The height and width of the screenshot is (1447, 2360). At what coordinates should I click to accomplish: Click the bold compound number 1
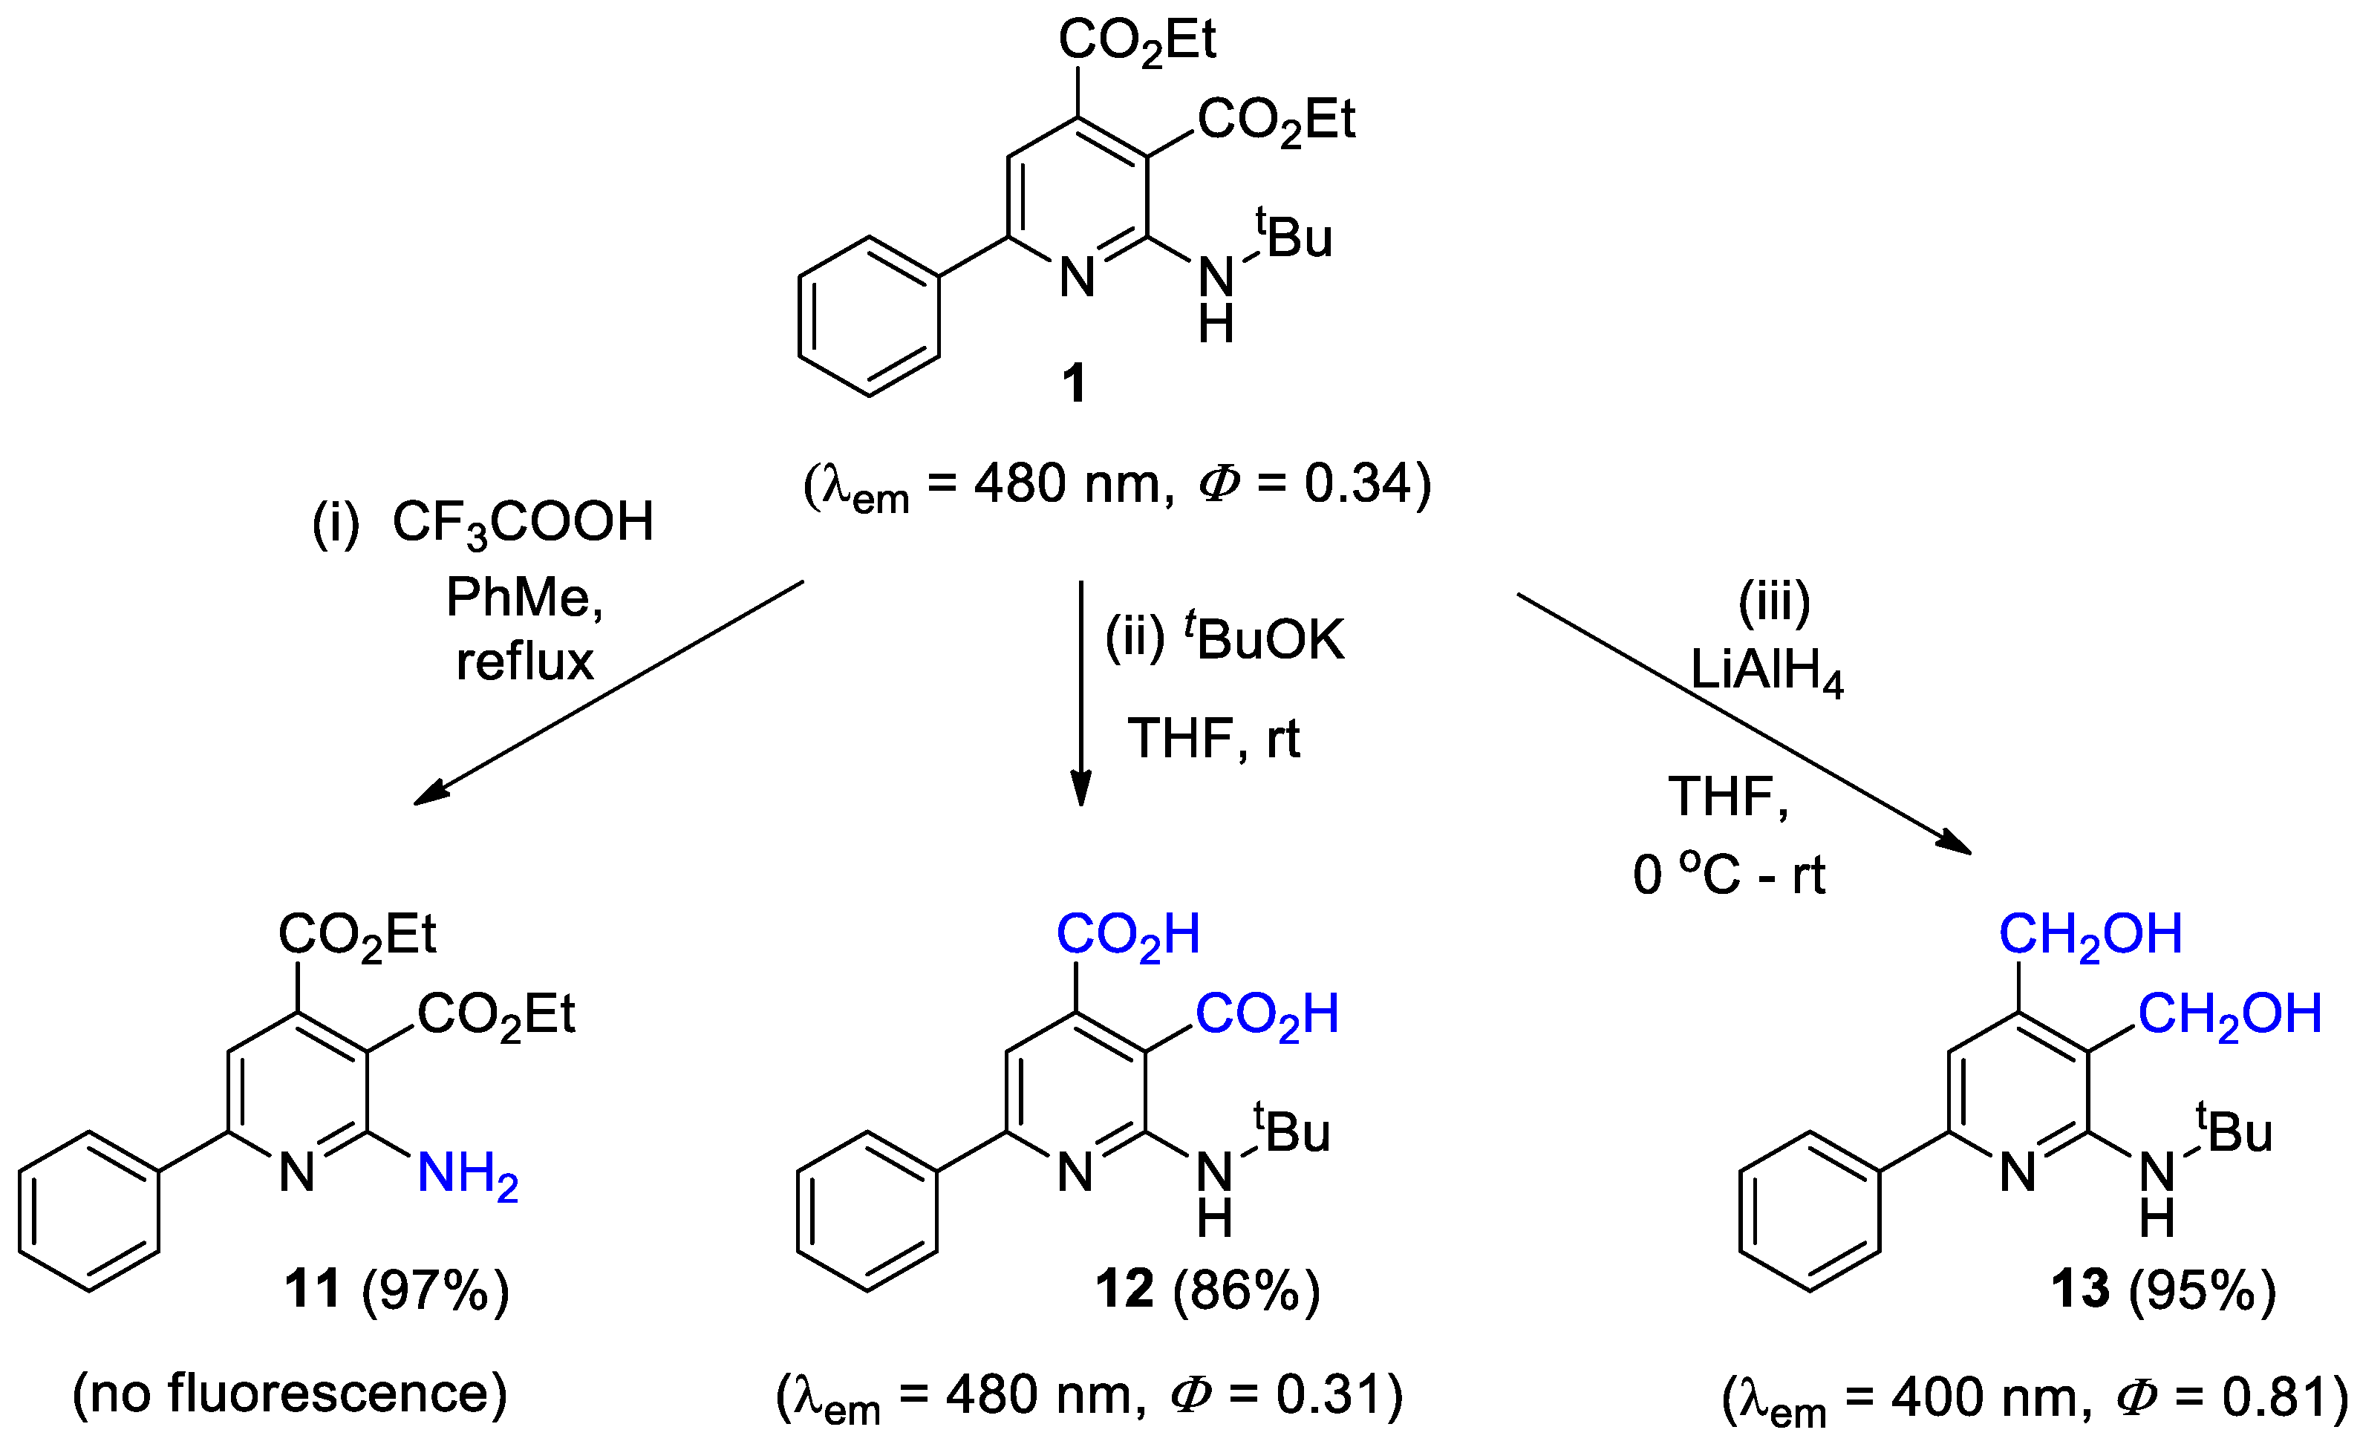pos(1075,383)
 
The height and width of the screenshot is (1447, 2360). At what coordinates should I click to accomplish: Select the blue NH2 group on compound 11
pos(467,1174)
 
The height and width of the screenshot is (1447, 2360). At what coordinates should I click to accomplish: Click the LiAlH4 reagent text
pos(1766,670)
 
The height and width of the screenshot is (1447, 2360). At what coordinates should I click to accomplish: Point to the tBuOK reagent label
pos(1264,640)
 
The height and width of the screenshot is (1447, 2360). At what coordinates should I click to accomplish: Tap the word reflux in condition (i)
pos(525,662)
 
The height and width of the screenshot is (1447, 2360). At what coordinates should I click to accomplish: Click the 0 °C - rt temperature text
pos(1729,875)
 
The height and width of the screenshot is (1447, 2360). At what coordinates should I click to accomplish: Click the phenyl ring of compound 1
pos(869,316)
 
